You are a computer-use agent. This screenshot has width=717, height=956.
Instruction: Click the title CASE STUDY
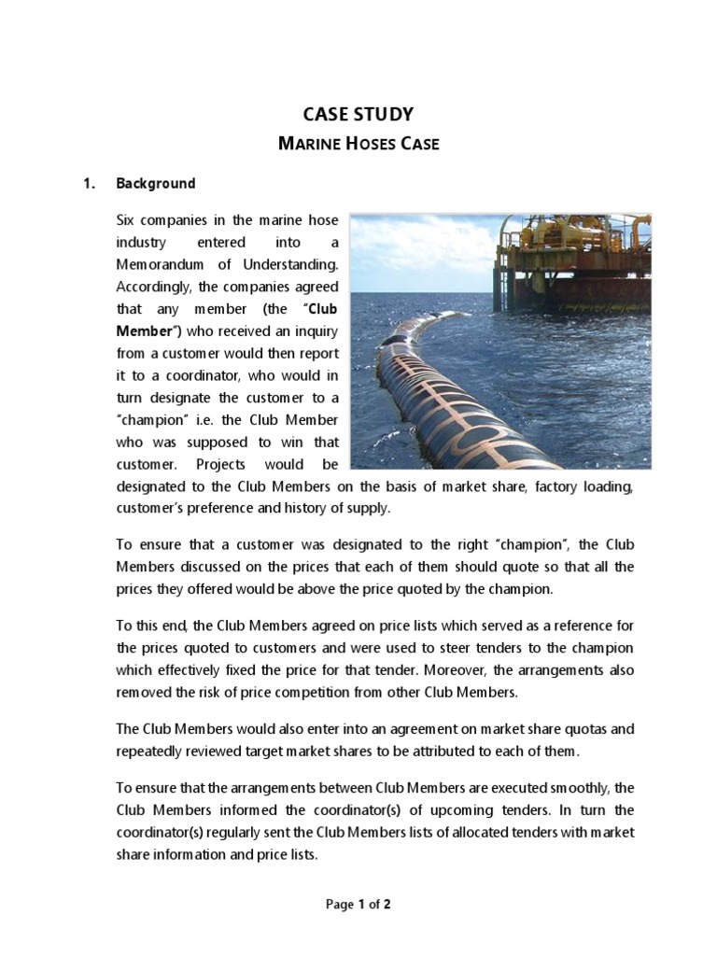click(358, 115)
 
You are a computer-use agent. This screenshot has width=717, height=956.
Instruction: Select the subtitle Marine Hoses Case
click(358, 144)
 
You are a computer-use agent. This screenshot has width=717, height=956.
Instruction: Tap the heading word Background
click(156, 184)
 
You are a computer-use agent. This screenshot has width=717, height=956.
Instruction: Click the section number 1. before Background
click(90, 184)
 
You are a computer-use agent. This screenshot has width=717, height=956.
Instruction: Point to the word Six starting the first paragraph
click(126, 220)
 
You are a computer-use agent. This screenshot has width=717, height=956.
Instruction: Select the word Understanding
click(289, 265)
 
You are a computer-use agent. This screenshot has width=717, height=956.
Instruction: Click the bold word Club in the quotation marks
click(318, 309)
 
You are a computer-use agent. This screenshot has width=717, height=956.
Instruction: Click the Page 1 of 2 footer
click(358, 905)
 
